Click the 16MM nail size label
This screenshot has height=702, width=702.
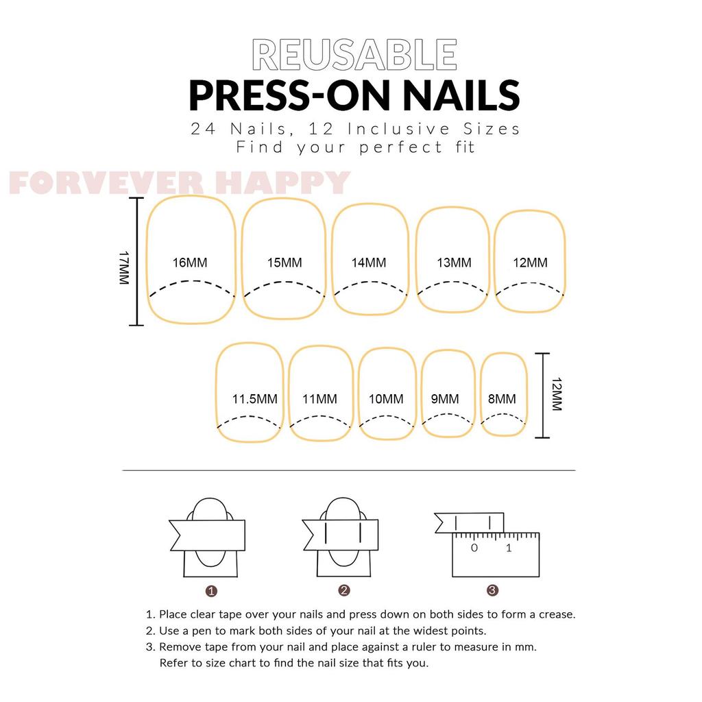pos(190,263)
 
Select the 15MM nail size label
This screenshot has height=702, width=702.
pos(285,263)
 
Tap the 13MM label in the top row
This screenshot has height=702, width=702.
pos(454,263)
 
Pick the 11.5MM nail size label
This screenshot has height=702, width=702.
pos(255,399)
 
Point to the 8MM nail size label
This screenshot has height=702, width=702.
pos(502,399)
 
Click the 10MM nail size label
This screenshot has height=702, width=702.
pos(386,399)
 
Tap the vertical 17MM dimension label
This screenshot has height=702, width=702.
pos(124,268)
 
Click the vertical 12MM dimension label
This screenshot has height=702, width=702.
pos(557,394)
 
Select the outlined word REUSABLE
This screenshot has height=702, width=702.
pos(354,55)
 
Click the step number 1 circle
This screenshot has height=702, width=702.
pos(211,592)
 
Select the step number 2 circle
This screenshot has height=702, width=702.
pos(344,590)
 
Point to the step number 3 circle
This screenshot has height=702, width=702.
pos(492,590)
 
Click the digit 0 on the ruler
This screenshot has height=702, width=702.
pos(474,548)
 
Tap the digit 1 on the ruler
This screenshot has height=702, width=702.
pos(509,548)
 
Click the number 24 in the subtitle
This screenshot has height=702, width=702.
pos(203,129)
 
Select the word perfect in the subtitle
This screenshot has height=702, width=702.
pos(400,147)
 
